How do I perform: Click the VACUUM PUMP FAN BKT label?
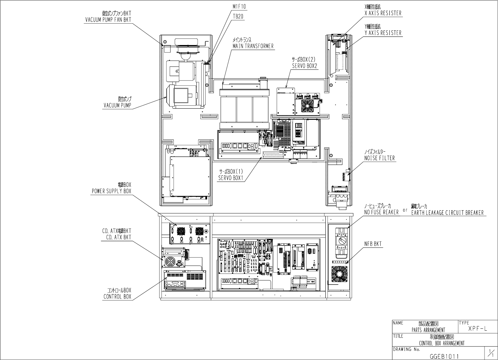pos(108,19)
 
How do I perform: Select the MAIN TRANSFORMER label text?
pos(253,46)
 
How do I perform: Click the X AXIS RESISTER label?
pos(383,13)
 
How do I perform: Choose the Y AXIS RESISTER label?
pos(383,33)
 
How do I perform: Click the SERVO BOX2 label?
pos(304,66)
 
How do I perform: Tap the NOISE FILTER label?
pos(379,158)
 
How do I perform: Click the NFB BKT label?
pos(373,244)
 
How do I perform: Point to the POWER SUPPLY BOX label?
pos(111,191)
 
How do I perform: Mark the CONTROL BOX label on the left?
pos(117,296)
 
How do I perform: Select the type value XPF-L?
pos(478,328)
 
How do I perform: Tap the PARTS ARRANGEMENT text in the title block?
pos(428,329)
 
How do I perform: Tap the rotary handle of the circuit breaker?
pos(342,241)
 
